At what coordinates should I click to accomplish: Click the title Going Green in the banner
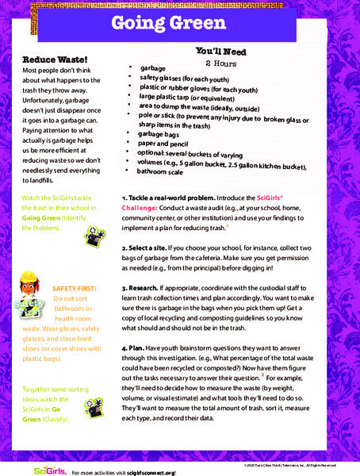(179, 23)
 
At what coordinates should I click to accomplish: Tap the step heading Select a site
(151, 248)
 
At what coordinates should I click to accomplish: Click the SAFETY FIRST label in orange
(72, 287)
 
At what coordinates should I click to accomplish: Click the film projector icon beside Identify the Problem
(94, 234)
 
